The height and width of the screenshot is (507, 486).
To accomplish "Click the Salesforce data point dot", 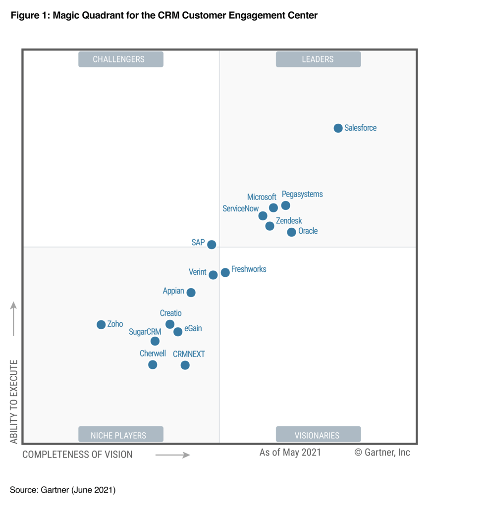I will [338, 128].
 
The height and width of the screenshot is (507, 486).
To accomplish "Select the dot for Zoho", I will [101, 325].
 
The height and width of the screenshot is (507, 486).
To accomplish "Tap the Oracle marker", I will [291, 232].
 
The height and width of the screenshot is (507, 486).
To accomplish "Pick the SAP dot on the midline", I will [212, 245].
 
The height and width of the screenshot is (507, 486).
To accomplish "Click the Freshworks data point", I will [225, 272].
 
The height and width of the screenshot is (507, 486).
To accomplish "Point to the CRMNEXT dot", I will [185, 365].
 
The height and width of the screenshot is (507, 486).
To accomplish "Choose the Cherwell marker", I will [153, 365].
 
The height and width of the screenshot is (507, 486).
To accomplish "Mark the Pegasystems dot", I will [285, 205].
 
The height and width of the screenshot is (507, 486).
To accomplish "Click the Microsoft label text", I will [262, 197].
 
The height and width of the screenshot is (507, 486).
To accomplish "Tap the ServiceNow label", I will [240, 209].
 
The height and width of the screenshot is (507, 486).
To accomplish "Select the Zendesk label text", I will [288, 221].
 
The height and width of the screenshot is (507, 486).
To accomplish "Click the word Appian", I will [173, 291].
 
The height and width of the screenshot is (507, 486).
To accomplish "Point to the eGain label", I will [193, 328].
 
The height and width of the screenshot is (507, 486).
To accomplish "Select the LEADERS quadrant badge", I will [318, 59].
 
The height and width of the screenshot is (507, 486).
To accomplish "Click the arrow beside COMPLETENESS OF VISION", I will [172, 455].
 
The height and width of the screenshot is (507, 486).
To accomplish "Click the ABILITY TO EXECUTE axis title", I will [14, 402].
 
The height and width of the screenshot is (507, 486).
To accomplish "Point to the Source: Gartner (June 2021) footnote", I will [62, 490].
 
